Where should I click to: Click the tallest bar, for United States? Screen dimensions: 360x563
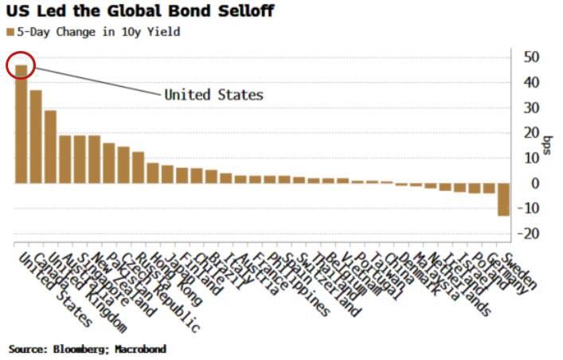point(22,127)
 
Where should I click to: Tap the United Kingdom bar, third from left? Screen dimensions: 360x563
point(50,147)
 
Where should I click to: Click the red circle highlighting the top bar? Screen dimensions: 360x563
point(22,66)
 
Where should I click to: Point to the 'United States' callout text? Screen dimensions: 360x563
point(213,95)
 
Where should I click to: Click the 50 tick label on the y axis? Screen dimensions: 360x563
point(530,57)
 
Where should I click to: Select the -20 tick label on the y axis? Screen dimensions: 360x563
point(526,234)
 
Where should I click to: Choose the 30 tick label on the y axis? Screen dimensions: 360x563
point(530,108)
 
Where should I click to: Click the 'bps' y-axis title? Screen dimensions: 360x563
point(549,145)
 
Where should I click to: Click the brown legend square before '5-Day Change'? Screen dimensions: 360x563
point(10,33)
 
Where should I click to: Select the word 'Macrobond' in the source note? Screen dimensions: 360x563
point(139,349)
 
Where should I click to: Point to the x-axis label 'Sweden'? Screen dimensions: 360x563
point(518,272)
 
